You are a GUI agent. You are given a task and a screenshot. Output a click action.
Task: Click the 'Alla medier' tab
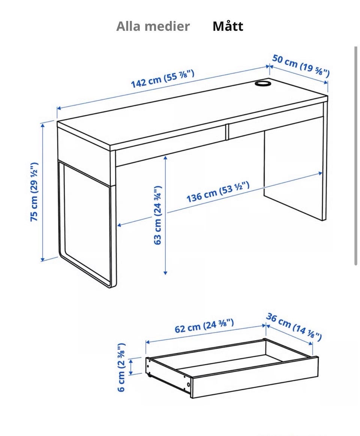click(x=153, y=26)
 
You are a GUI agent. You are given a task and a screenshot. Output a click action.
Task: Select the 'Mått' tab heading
click(x=228, y=26)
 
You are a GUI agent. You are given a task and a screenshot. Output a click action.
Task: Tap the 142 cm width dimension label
click(x=162, y=79)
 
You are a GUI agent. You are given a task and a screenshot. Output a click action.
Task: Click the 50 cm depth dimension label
click(x=301, y=66)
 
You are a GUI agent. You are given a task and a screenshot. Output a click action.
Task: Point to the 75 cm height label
click(x=34, y=192)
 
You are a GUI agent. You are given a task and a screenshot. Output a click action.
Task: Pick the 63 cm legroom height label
click(x=157, y=215)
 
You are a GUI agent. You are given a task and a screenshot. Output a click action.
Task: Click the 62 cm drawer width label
click(x=204, y=326)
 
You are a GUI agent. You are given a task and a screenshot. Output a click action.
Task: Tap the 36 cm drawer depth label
click(x=294, y=327)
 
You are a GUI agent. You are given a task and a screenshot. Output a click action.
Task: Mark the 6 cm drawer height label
click(x=121, y=367)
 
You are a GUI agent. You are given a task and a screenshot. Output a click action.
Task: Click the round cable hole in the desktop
click(x=263, y=83)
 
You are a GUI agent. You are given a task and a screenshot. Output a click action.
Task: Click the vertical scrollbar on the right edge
click(x=356, y=156)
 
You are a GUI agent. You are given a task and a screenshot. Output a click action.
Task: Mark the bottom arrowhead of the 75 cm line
click(x=43, y=259)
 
